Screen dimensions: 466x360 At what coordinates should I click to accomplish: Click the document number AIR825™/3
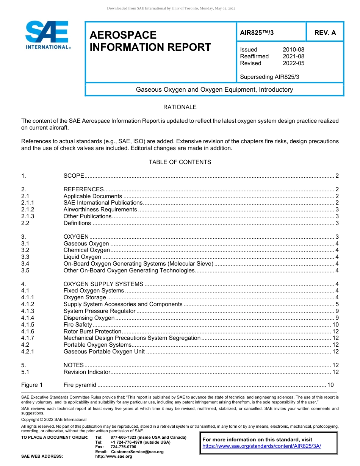257,33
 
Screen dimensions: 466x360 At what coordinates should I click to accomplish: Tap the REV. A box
325,33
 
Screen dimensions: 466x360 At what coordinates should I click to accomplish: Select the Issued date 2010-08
293,50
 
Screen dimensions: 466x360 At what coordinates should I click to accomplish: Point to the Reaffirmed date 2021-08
293,56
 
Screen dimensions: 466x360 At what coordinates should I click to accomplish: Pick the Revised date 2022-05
293,63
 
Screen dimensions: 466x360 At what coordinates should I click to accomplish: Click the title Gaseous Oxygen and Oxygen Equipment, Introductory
214,90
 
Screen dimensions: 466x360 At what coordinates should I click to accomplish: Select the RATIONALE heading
180,107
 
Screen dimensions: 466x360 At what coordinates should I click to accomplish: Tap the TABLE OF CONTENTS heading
180,162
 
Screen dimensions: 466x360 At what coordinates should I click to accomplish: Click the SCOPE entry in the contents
74,176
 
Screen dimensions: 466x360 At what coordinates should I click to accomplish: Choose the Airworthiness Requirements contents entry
100,210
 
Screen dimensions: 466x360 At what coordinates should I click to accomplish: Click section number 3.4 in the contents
25,264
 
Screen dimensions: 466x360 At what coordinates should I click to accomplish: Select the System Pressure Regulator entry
99,311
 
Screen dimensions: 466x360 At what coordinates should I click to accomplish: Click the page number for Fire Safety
335,325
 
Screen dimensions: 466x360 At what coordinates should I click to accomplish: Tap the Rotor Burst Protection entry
92,332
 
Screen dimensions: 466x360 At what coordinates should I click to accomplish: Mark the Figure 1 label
32,385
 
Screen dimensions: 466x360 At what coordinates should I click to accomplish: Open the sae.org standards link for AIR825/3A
261,446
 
